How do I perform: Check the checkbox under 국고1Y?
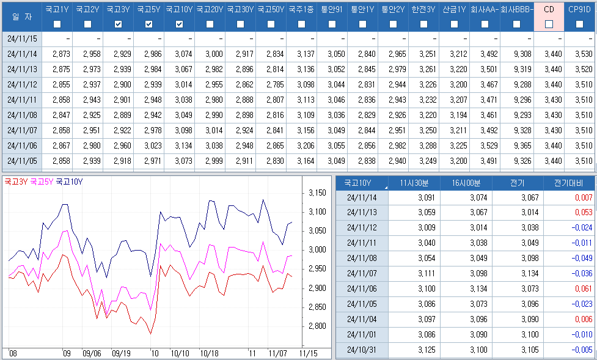57,24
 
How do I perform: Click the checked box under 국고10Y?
179,24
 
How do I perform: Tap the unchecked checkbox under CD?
549,24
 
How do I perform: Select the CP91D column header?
579,10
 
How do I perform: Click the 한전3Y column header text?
423,10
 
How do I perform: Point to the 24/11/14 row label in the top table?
22,54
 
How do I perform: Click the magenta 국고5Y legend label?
42,182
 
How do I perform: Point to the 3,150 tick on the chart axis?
317,193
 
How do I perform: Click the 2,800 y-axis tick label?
317,326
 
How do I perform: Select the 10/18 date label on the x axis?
209,353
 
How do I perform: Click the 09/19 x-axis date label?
121,353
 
